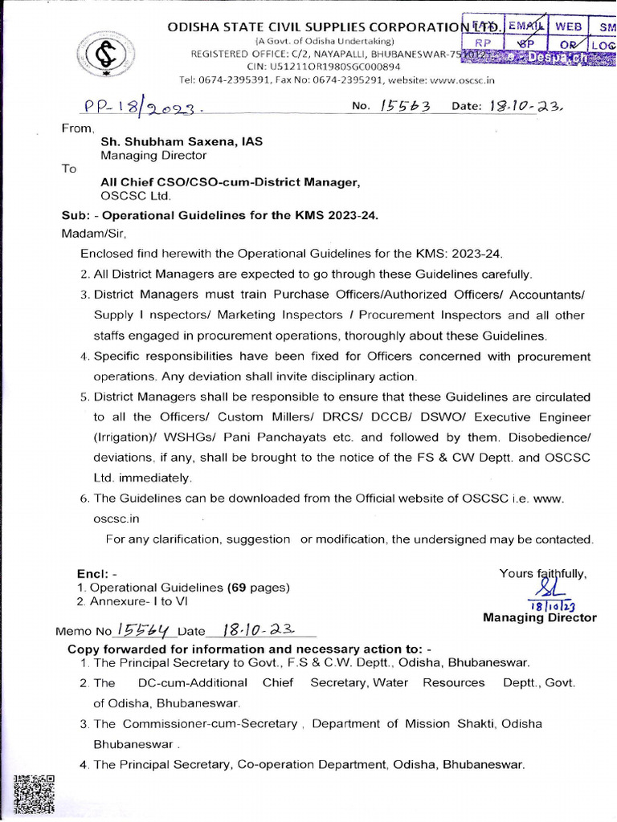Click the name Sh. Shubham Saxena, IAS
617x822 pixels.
pos(182,141)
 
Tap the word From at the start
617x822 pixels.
pos(78,128)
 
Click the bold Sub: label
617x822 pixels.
pos(78,216)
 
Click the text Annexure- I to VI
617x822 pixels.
pos(138,600)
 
